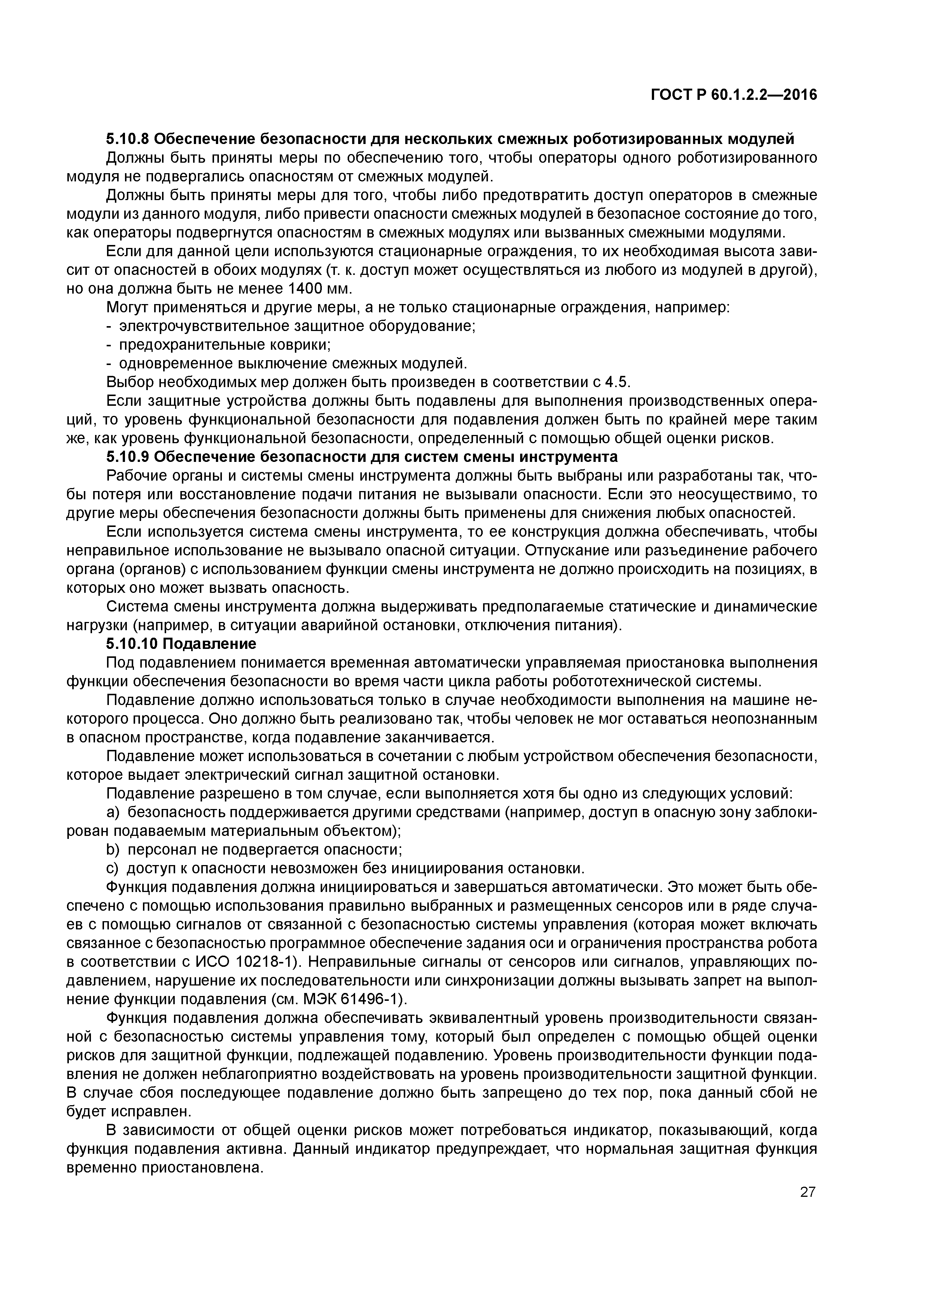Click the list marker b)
click(113, 850)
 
